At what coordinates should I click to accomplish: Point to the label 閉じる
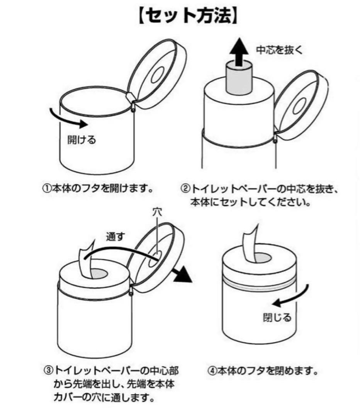tap(277, 317)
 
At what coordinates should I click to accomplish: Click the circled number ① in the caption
tap(46, 189)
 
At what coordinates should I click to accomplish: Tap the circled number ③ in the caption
tap(48, 371)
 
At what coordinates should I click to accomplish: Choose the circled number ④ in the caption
tap(212, 371)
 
